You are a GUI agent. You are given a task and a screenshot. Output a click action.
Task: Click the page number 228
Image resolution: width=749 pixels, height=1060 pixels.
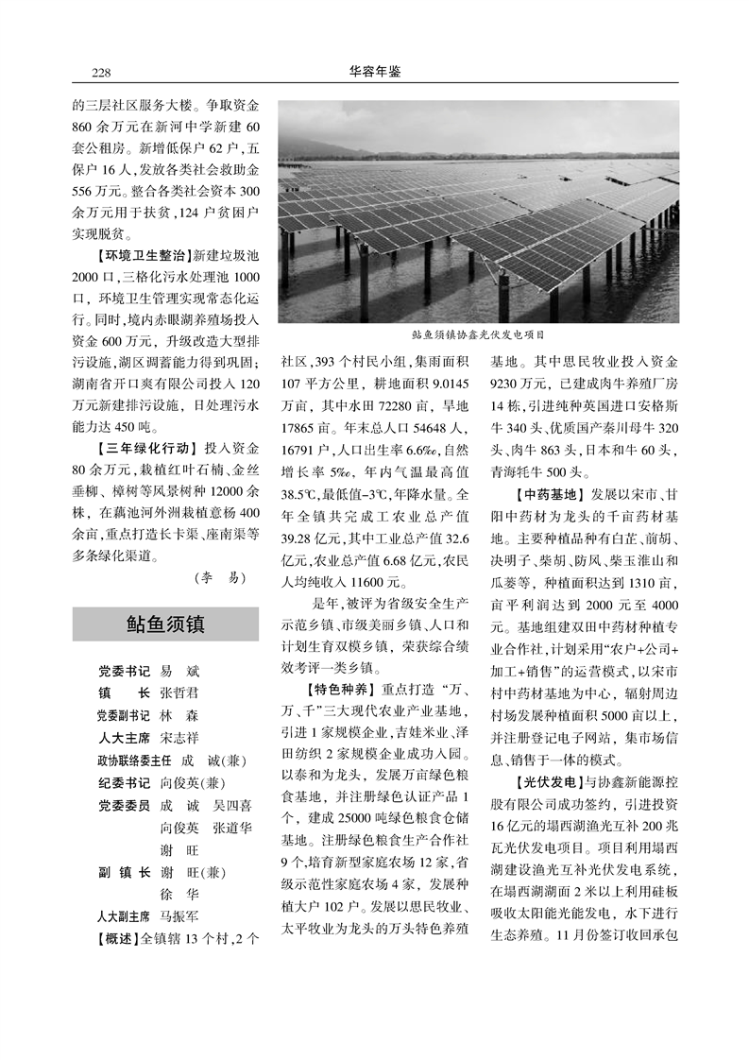coord(101,71)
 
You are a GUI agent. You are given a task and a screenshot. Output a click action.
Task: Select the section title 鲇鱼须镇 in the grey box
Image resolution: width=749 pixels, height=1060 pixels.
coord(165,624)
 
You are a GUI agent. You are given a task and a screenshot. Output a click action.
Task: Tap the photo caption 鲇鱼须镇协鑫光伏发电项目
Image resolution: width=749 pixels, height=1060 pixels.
coord(479,334)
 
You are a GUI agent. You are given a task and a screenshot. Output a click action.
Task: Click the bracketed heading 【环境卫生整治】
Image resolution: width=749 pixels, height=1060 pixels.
coord(131,256)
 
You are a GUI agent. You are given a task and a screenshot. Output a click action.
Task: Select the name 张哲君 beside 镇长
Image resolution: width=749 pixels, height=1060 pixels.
coord(179,692)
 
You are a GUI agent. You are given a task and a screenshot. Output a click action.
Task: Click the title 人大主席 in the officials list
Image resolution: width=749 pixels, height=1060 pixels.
coord(124,736)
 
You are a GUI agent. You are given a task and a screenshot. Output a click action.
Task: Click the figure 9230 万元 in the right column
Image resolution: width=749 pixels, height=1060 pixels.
coord(516,384)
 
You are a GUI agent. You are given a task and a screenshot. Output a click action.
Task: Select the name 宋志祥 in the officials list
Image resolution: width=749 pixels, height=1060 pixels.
coord(179,736)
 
